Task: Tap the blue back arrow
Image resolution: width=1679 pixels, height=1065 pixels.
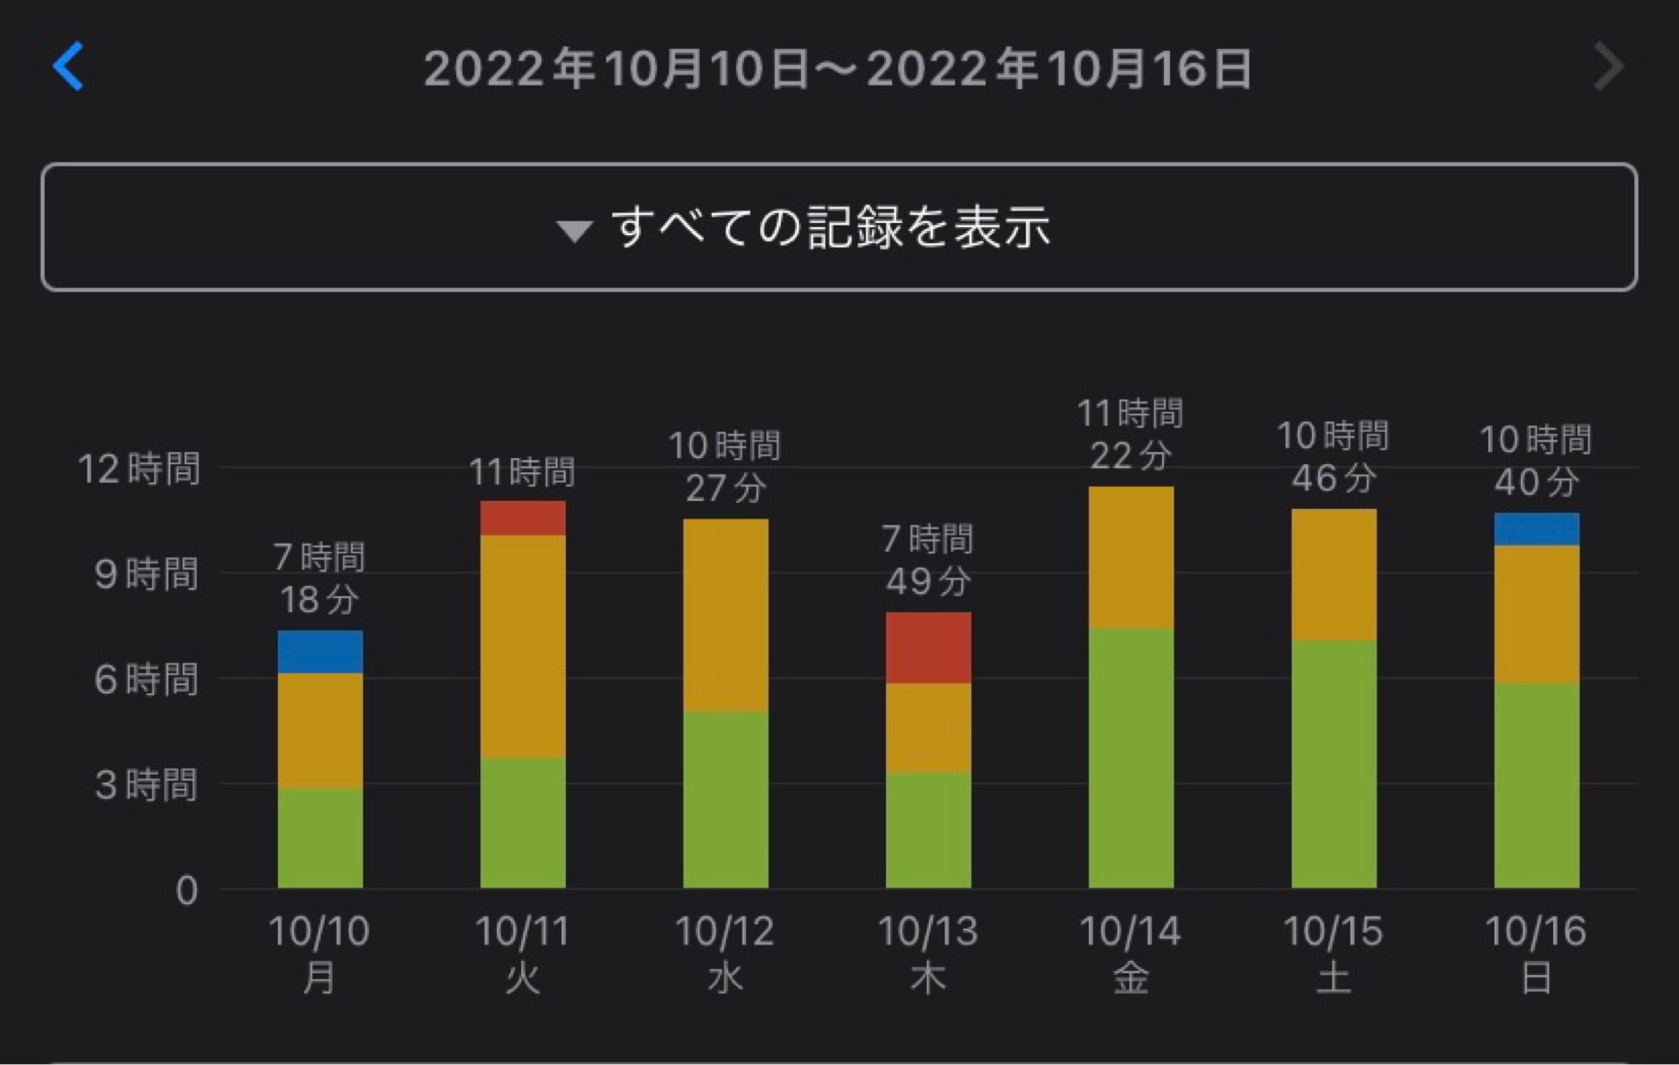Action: point(68,66)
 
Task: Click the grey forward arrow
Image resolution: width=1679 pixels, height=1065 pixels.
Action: point(1608,66)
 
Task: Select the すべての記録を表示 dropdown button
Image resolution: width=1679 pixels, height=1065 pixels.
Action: point(838,227)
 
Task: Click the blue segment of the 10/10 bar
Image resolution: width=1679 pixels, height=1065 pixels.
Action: point(320,652)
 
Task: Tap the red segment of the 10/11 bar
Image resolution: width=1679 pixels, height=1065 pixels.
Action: point(522,519)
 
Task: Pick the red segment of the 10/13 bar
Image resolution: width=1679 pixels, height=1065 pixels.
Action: point(928,648)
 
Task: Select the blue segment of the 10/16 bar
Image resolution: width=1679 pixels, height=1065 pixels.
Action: point(1536,530)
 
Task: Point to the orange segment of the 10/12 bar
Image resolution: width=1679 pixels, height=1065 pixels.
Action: point(725,616)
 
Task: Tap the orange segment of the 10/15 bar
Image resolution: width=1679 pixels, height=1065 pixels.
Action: point(1334,575)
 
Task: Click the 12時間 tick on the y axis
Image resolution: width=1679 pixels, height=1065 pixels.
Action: point(139,470)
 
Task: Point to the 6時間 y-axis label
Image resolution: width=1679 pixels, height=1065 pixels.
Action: point(146,679)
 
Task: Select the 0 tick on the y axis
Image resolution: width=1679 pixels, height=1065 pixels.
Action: point(186,890)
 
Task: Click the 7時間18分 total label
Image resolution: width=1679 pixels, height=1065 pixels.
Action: point(319,578)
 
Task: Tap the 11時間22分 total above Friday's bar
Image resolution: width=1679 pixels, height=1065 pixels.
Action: point(1130,435)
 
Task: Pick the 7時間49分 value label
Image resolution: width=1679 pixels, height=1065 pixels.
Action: point(928,560)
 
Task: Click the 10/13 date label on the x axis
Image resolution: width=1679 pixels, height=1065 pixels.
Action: point(928,932)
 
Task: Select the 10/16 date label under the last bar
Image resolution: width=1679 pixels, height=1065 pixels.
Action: point(1536,932)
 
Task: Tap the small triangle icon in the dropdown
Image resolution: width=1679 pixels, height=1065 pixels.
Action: point(575,231)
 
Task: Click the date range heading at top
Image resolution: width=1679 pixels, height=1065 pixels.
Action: point(838,68)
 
